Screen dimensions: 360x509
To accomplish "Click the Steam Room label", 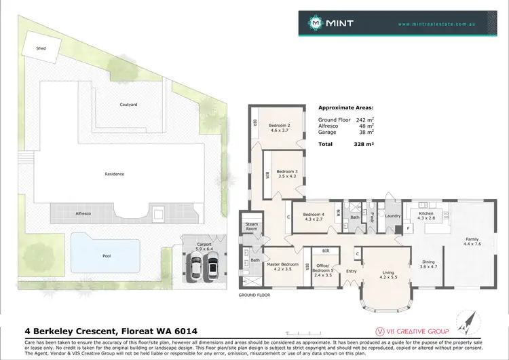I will (x=252, y=227).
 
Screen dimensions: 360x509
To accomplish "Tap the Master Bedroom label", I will (x=281, y=266).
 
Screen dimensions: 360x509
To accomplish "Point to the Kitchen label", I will (x=426, y=215).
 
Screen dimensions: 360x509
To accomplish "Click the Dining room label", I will (x=428, y=264).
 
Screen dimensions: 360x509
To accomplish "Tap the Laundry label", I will (x=393, y=216).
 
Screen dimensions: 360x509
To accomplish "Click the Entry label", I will (x=352, y=271).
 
